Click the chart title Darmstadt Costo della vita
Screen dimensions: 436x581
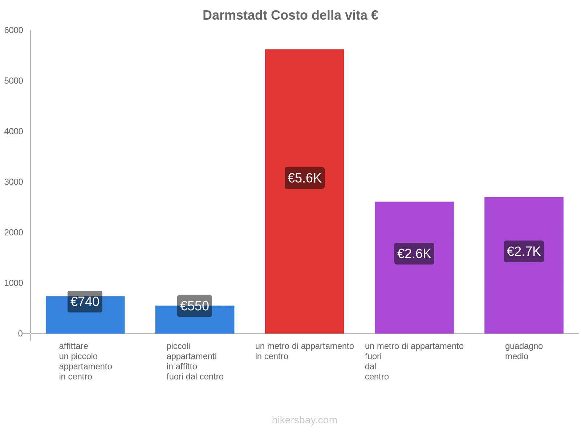290,15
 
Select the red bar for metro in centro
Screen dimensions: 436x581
304,109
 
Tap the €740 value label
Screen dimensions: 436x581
85,302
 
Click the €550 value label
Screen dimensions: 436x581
195,306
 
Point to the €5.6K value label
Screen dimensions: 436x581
304,178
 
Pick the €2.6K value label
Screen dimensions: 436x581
414,254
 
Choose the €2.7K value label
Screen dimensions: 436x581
524,251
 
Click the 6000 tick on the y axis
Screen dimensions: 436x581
14,31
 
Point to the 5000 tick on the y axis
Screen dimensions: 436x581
14,81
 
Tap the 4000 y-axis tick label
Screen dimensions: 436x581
14,132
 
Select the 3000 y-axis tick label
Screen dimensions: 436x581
14,182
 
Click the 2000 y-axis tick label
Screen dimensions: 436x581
14,233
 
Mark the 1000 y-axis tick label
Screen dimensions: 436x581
14,283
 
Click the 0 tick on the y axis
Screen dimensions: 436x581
20,334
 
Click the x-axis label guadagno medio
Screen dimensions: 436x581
524,351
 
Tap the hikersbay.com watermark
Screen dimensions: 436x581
304,420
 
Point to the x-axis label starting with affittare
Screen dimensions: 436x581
85,361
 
